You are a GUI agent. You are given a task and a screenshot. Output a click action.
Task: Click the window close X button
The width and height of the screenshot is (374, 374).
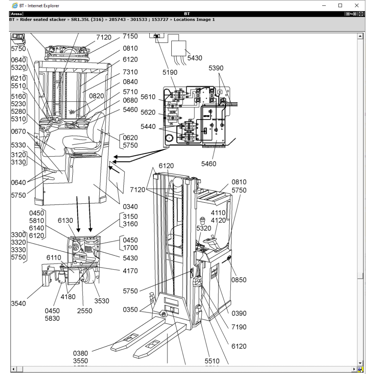(x=356, y=5)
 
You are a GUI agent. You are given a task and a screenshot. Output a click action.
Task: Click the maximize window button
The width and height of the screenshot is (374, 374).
(x=340, y=5)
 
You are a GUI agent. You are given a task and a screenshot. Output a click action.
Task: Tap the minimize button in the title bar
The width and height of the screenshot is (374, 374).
(x=324, y=5)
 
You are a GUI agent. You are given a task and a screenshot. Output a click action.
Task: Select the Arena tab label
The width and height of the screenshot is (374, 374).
(x=16, y=14)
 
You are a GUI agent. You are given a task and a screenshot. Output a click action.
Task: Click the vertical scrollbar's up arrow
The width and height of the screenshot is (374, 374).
(x=360, y=36)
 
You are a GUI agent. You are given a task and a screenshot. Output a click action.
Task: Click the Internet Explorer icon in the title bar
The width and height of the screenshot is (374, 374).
(x=15, y=5)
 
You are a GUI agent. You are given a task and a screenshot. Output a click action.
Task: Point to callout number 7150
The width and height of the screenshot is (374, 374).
(x=130, y=36)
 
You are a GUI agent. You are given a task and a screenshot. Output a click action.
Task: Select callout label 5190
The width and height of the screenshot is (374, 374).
(x=170, y=72)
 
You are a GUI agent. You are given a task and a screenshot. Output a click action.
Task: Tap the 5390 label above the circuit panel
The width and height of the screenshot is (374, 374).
(x=216, y=68)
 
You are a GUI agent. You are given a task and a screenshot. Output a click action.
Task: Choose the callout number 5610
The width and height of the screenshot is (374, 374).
(x=148, y=97)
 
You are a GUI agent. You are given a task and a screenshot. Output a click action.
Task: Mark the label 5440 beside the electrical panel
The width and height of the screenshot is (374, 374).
(x=148, y=127)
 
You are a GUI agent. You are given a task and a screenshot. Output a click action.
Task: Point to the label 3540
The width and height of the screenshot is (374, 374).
(x=18, y=303)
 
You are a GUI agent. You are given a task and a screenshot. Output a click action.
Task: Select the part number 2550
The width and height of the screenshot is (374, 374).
(x=84, y=311)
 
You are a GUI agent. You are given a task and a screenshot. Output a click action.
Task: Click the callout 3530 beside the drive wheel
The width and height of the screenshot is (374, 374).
(x=102, y=301)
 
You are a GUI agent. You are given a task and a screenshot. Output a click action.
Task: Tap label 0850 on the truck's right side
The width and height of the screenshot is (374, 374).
(x=239, y=280)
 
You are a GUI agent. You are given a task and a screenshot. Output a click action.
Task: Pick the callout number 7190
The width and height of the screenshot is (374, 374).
(x=239, y=327)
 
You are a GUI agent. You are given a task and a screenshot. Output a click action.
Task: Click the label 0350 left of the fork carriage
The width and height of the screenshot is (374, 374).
(x=130, y=310)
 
